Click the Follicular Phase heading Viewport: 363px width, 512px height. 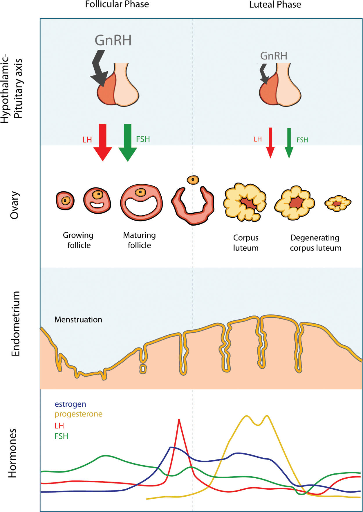[x=117, y=4]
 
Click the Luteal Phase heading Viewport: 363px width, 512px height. [x=275, y=5]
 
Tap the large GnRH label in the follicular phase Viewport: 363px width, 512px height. [x=113, y=40]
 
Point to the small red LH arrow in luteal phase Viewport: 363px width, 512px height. [x=270, y=142]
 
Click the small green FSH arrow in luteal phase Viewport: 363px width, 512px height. [x=289, y=143]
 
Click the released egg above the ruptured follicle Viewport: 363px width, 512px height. [x=193, y=180]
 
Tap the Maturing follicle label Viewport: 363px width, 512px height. [x=139, y=240]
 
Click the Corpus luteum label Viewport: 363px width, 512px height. [x=246, y=243]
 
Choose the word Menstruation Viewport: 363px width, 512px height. [x=78, y=320]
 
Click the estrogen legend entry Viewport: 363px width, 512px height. [x=70, y=404]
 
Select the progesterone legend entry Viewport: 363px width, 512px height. [x=78, y=414]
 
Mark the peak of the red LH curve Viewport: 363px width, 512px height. [x=179, y=420]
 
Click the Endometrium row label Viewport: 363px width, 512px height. [x=15, y=323]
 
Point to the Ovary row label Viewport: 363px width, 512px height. [x=15, y=205]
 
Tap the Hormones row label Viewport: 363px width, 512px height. [x=12, y=453]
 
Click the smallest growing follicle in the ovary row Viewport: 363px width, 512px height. [x=65, y=201]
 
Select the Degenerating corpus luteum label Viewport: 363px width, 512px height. [x=315, y=243]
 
